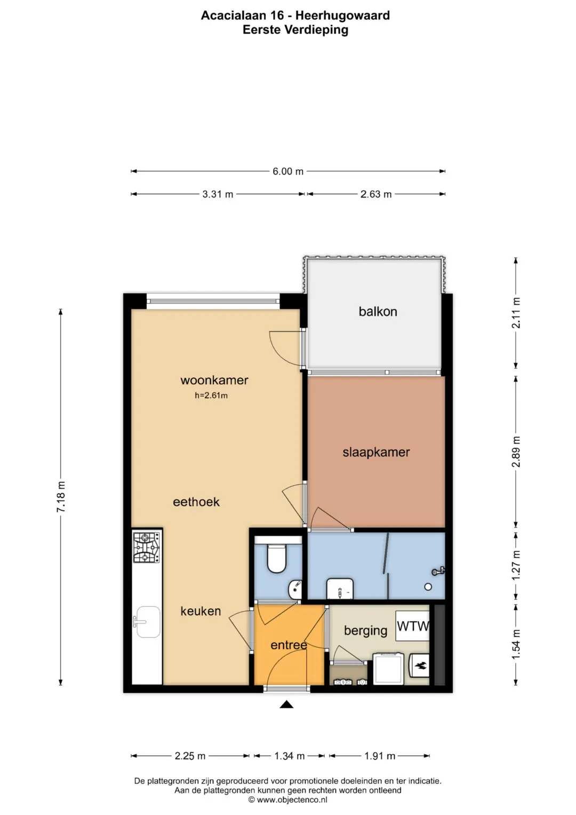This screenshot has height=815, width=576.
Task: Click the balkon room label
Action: [x=378, y=312]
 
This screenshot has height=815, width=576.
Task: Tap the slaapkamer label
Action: [x=376, y=452]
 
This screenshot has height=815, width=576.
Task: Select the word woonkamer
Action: [x=214, y=380]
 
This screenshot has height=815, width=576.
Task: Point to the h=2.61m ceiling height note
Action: [x=211, y=395]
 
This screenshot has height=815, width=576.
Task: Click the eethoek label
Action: [x=196, y=502]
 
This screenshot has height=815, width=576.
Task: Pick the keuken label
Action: [x=201, y=611]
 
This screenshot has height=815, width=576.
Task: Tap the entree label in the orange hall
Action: [x=289, y=645]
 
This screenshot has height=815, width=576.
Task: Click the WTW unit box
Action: [x=413, y=626]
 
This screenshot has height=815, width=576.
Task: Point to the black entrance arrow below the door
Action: [x=286, y=704]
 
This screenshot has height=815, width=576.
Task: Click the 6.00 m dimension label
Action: [x=288, y=171]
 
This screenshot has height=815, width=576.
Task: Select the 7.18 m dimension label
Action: [x=61, y=497]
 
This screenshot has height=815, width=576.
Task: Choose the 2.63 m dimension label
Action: [x=376, y=194]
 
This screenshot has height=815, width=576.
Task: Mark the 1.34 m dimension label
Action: [x=290, y=756]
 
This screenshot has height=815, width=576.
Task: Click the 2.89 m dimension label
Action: [x=516, y=452]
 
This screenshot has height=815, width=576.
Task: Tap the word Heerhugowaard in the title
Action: [x=342, y=15]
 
